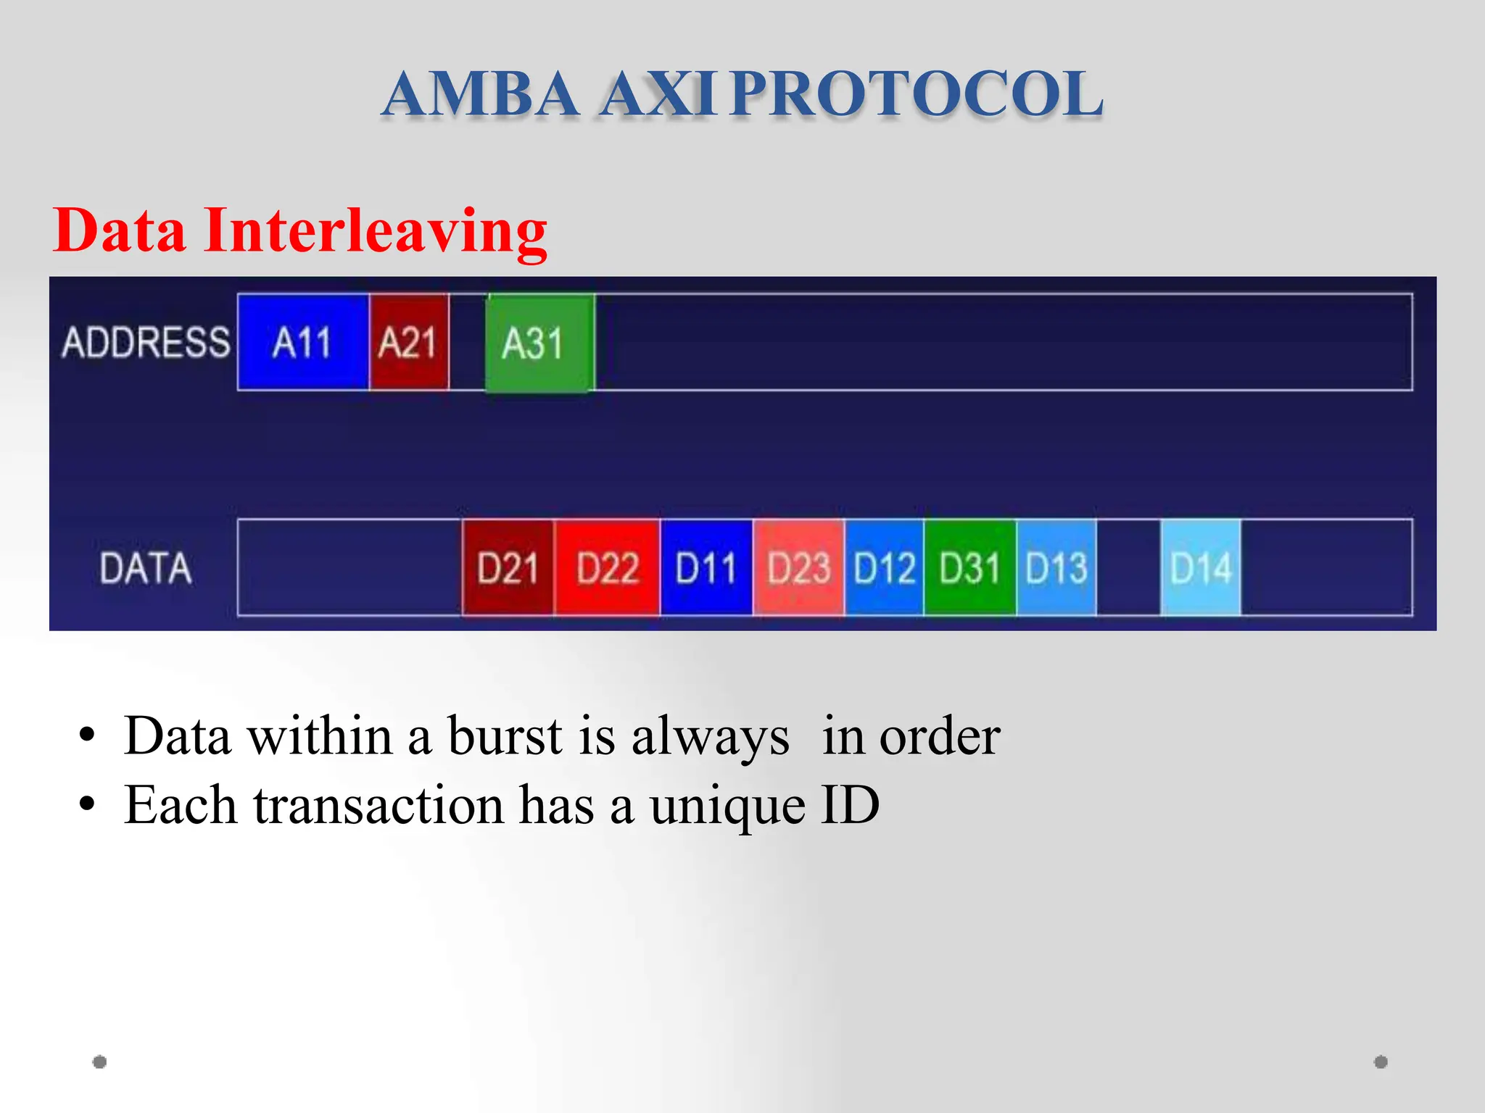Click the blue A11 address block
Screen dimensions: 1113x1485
(303, 342)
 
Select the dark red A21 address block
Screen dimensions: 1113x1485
(409, 342)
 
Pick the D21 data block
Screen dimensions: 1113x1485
(508, 567)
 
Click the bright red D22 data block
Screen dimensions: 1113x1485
(607, 567)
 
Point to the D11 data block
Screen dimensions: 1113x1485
(706, 567)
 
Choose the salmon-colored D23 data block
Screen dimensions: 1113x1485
(798, 567)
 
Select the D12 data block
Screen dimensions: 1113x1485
(884, 567)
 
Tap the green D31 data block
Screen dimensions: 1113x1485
(969, 567)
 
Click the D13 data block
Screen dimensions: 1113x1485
(1056, 567)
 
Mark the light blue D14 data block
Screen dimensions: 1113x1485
(1201, 567)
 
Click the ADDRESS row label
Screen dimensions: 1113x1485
(146, 342)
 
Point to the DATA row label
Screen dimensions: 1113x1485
(146, 567)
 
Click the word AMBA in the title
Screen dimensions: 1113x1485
(481, 94)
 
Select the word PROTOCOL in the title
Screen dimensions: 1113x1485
(917, 94)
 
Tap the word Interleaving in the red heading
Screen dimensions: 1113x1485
(375, 230)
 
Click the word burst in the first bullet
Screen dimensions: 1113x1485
(505, 736)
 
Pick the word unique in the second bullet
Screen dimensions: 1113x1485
(727, 805)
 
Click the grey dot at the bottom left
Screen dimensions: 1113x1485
(100, 1062)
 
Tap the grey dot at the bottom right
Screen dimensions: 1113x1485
(1381, 1062)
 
